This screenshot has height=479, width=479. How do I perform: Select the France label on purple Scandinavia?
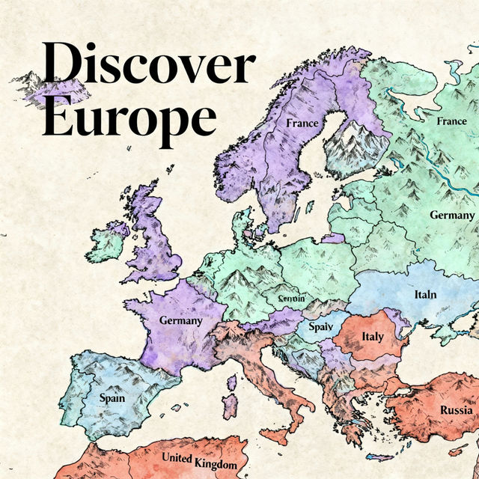pyautogui.click(x=302, y=122)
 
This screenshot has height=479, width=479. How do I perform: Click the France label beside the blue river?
pyautogui.click(x=451, y=120)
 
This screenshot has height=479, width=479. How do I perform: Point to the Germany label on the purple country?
pyautogui.click(x=180, y=320)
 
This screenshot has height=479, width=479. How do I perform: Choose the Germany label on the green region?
pyautogui.click(x=452, y=215)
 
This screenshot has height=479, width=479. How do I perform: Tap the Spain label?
pyautogui.click(x=112, y=398)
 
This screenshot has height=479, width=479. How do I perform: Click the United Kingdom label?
pyautogui.click(x=199, y=461)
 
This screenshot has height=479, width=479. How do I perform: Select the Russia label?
pyautogui.click(x=456, y=410)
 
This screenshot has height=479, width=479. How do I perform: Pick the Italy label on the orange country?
pyautogui.click(x=372, y=337)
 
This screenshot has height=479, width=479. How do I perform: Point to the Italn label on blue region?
pyautogui.click(x=425, y=294)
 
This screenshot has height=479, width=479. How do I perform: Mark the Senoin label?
pyautogui.click(x=291, y=299)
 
